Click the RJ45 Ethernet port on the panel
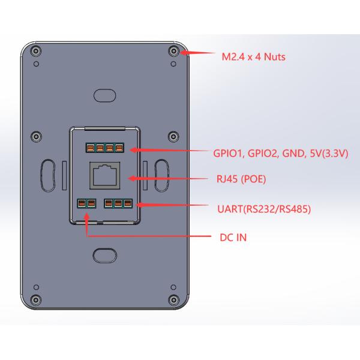tap(104, 176)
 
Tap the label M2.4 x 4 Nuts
tap(253, 57)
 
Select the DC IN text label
tap(233, 238)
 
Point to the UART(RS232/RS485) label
tap(264, 209)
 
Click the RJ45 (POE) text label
tap(241, 179)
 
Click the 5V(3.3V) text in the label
tap(329, 154)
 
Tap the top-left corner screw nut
tap(36, 51)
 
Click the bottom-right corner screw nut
tap(173, 299)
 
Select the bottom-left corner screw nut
tap(36, 299)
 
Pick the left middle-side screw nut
tap(36, 137)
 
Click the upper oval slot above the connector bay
tap(104, 95)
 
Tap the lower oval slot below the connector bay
tap(104, 256)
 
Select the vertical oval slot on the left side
tap(48, 175)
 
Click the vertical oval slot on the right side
tap(162, 175)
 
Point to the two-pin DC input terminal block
tap(86, 203)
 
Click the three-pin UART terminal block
tap(118, 203)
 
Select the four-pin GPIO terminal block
tap(104, 148)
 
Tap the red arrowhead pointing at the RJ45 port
tap(132, 178)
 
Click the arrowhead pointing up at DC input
tap(86, 217)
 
